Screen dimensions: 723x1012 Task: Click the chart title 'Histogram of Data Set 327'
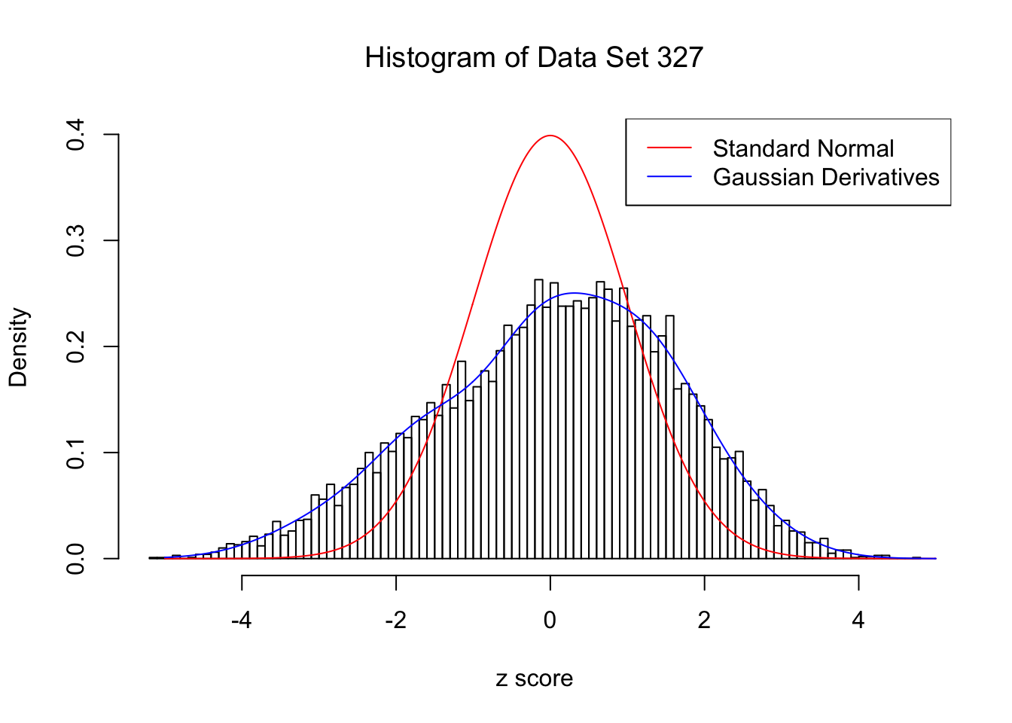pos(534,58)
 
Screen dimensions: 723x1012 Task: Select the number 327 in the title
pos(679,58)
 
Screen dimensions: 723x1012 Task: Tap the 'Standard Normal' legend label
pos(803,148)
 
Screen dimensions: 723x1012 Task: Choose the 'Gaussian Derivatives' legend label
pos(826,177)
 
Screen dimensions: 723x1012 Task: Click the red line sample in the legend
pos(669,148)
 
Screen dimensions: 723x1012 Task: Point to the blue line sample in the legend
pos(669,177)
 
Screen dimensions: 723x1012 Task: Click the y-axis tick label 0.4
pos(75,135)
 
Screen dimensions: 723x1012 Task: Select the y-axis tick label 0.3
pos(75,241)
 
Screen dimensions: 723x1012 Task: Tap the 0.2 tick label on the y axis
pos(75,347)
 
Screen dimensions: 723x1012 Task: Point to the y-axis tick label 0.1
pos(75,453)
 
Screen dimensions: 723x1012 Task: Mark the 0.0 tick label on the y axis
pos(75,559)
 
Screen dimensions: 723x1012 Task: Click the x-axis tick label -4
pos(241,620)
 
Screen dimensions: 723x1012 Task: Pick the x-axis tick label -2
pos(395,620)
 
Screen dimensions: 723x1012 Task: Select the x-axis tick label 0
pos(550,620)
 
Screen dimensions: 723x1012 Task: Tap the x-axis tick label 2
pos(704,620)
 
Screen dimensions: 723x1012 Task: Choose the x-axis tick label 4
pos(858,620)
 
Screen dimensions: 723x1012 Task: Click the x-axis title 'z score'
pos(534,679)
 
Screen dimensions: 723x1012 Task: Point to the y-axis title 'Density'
pos(18,347)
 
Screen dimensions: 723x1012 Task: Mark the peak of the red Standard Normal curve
pos(550,136)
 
